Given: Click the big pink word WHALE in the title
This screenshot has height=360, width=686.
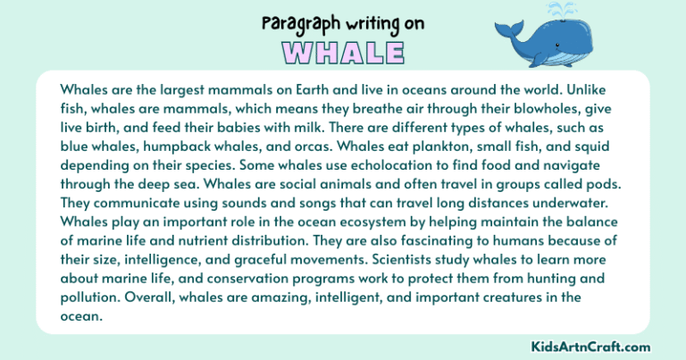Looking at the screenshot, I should (x=343, y=52).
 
